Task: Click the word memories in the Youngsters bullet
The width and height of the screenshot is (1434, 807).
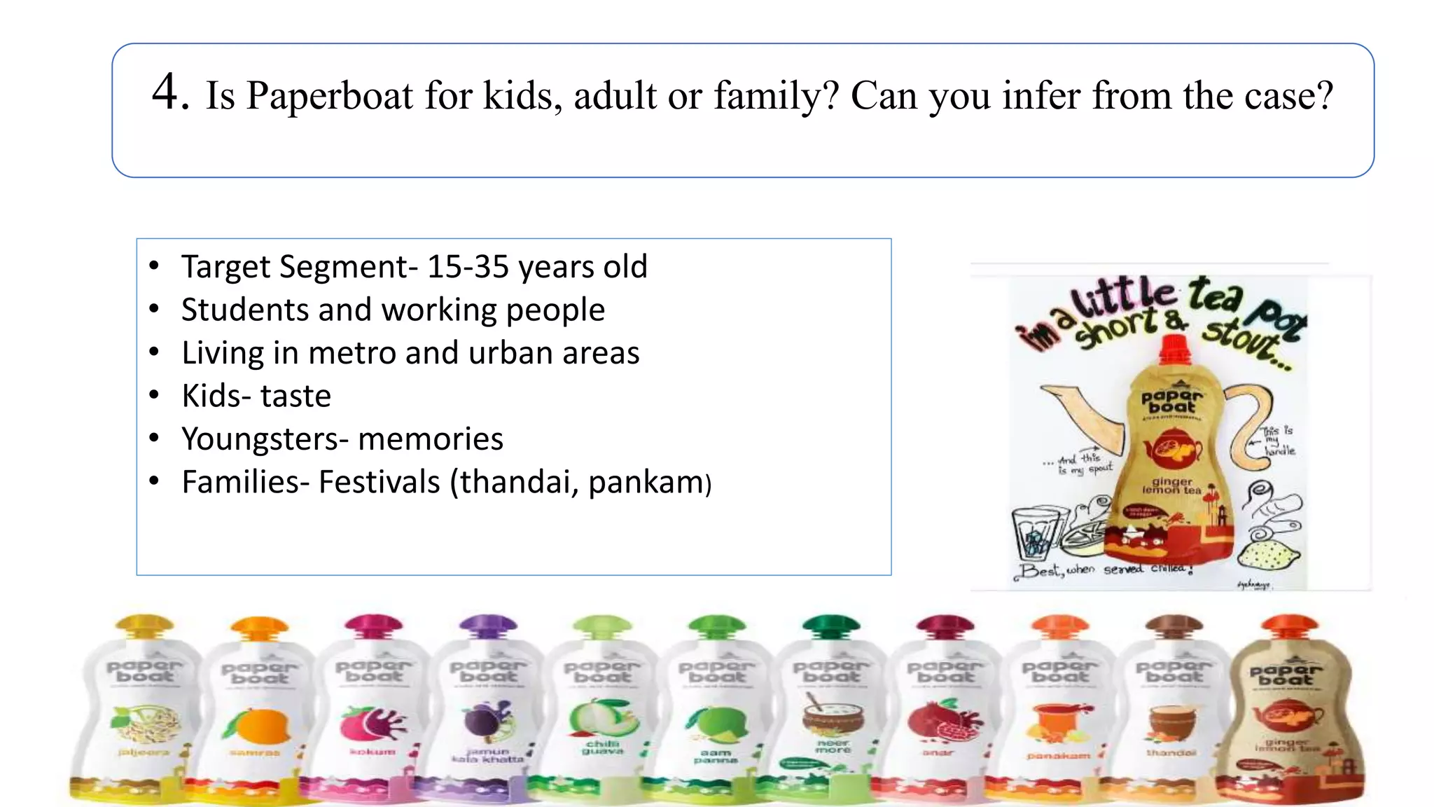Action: [430, 439]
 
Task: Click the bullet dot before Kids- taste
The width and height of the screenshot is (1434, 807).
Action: [154, 395]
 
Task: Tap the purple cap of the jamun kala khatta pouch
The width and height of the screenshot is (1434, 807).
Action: [488, 623]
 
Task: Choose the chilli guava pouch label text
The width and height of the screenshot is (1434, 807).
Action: [601, 747]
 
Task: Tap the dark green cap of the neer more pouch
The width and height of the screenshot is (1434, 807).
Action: [830, 623]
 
